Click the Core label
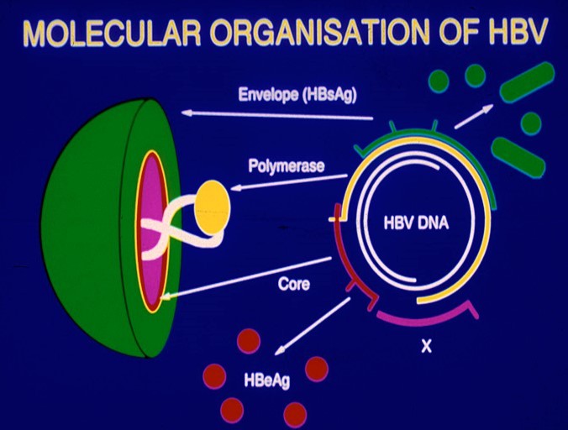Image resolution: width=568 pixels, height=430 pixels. pos(293,284)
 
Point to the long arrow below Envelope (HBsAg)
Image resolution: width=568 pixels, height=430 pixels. pos(277,115)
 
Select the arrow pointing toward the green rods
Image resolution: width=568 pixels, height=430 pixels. pos(473,115)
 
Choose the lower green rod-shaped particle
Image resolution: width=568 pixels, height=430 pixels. pos(518,157)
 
